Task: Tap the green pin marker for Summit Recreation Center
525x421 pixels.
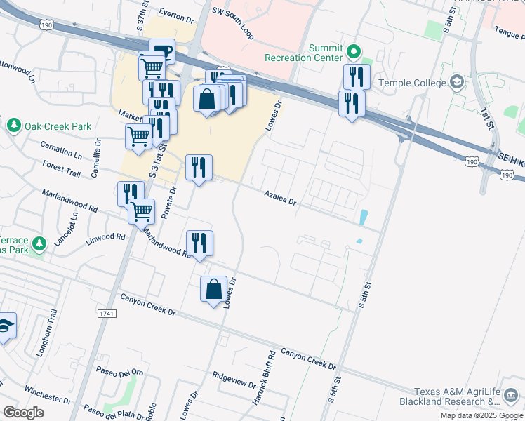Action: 354,51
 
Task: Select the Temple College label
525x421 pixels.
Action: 412,83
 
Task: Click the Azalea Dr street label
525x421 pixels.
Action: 281,197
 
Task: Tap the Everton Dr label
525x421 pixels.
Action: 175,14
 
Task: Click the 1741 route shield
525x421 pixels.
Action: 107,312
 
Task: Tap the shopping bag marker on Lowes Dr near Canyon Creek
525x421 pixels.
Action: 213,288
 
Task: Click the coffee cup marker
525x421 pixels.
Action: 161,51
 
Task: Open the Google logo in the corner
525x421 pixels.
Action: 23,413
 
